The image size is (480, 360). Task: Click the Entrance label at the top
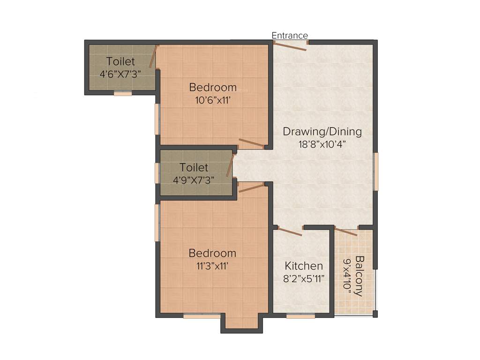click(x=290, y=36)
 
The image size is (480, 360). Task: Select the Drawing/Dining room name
click(x=322, y=132)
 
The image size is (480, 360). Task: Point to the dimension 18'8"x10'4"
click(x=322, y=144)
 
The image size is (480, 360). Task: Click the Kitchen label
click(x=304, y=266)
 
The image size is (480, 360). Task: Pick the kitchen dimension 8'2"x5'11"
click(x=304, y=278)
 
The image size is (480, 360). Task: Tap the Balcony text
click(x=359, y=276)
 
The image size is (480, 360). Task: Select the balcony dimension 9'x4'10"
click(x=347, y=276)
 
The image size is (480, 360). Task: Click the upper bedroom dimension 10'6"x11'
click(x=213, y=99)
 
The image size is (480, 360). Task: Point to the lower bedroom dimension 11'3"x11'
click(x=212, y=265)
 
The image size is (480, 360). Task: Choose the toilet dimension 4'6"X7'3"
click(x=120, y=74)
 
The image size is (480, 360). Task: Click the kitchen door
click(x=290, y=231)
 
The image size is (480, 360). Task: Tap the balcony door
click(x=346, y=232)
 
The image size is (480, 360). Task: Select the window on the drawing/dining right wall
click(x=375, y=172)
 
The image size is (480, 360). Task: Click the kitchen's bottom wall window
click(x=300, y=316)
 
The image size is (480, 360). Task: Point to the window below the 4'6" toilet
click(x=123, y=94)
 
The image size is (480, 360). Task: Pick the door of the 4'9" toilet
click(x=230, y=166)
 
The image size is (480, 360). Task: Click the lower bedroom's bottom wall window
click(x=202, y=316)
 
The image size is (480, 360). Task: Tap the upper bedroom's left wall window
click(x=157, y=119)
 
